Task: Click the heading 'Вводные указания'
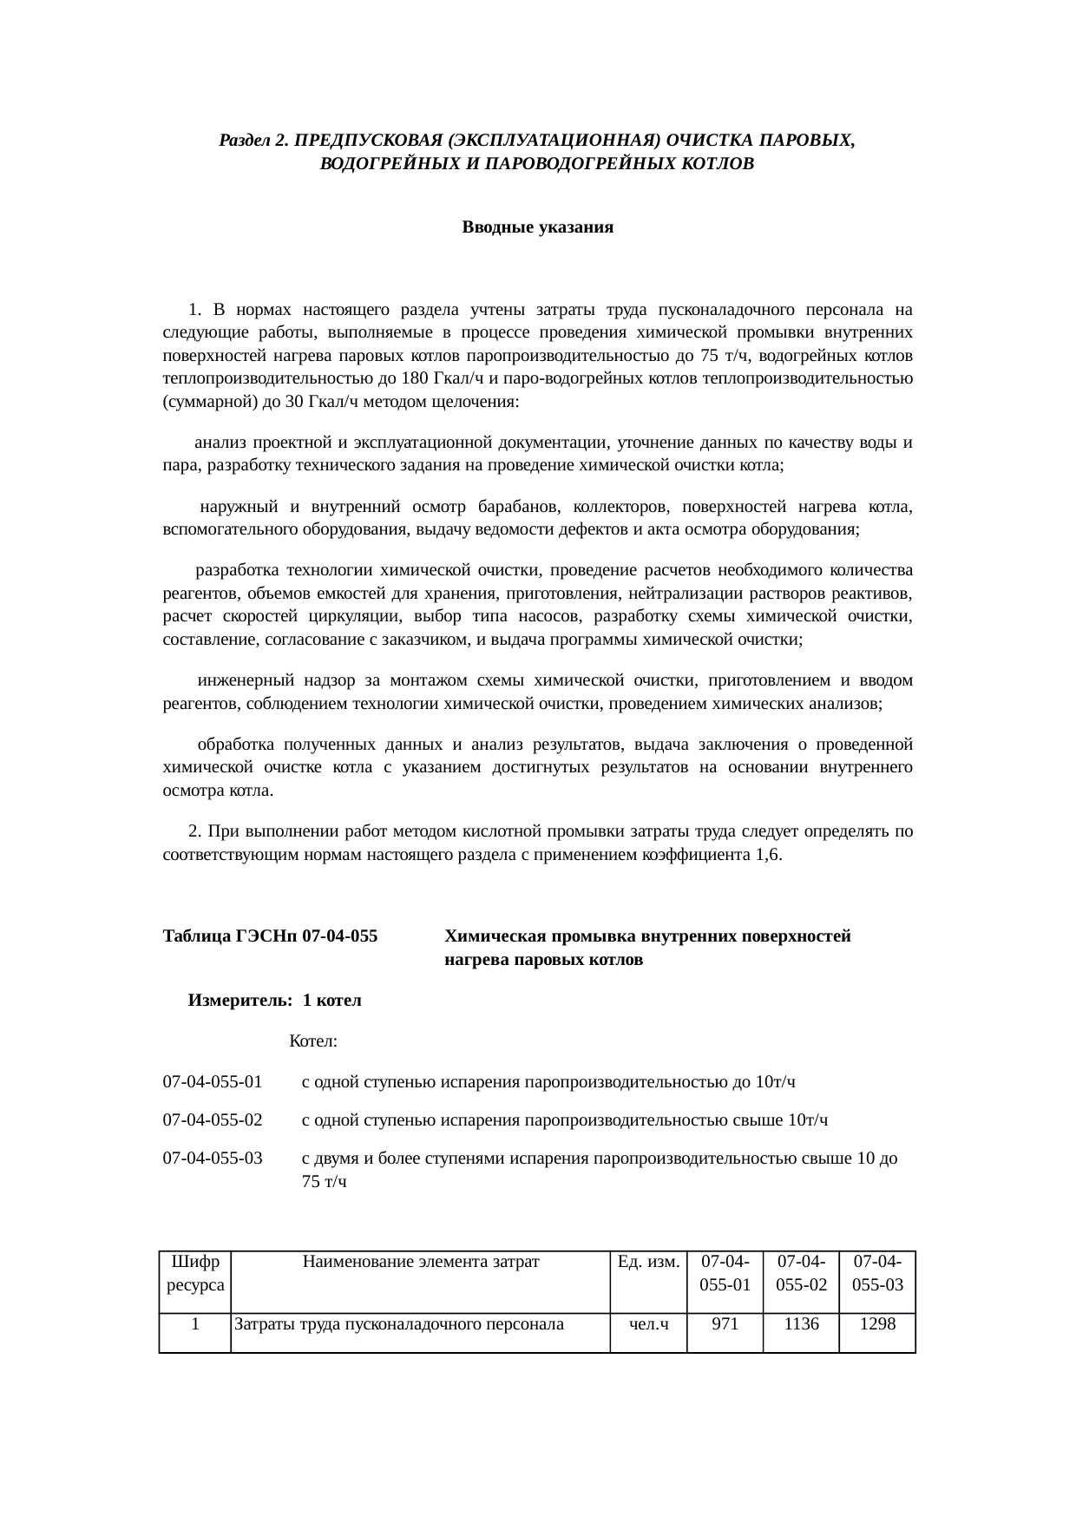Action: [x=537, y=228]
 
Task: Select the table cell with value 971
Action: [x=725, y=1324]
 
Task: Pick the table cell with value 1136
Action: [x=800, y=1324]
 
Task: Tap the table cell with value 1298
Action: [x=877, y=1324]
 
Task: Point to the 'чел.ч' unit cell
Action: [x=647, y=1324]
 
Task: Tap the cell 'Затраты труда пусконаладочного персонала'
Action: [x=399, y=1324]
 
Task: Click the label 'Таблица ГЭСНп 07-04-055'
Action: [x=270, y=937]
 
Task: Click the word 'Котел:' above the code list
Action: [x=312, y=1040]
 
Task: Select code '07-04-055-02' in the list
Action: [x=213, y=1120]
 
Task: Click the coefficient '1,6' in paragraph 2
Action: [x=767, y=856]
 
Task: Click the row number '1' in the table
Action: [x=195, y=1324]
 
